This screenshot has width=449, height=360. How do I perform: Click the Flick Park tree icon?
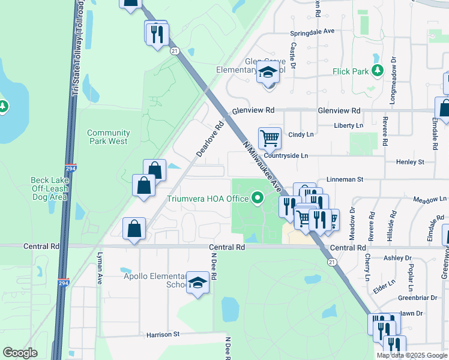(378, 71)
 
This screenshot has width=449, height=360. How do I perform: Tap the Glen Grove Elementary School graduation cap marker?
(268, 74)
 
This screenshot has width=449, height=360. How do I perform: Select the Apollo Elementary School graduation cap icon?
(197, 282)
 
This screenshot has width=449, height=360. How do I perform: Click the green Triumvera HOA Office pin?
(258, 197)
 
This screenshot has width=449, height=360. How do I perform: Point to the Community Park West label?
(108, 137)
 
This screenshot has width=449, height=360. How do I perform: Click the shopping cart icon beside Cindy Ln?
(270, 138)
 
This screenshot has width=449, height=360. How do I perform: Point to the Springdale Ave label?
(312, 32)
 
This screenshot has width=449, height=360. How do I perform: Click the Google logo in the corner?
(20, 353)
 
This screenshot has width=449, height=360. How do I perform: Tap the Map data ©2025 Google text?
(411, 355)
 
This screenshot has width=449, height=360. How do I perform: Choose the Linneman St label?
(345, 179)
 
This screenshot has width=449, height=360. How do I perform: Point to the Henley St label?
(410, 162)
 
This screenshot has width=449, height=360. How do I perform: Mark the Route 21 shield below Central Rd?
(331, 262)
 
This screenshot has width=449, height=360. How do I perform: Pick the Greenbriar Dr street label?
(418, 298)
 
